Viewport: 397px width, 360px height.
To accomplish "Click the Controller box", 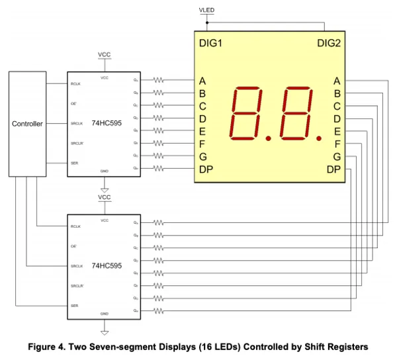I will (x=27, y=124).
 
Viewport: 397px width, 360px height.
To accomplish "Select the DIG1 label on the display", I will (x=210, y=44).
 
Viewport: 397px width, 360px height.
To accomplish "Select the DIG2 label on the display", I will (x=329, y=44).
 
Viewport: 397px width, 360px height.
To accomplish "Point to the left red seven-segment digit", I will (x=246, y=113).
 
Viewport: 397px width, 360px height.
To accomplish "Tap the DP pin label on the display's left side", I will (x=206, y=169).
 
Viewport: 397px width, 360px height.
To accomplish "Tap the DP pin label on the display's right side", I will (x=334, y=169).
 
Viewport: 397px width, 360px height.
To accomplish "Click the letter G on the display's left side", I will (x=202, y=157).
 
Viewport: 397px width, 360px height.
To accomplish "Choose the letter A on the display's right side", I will (x=337, y=81).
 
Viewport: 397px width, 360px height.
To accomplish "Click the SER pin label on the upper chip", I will (x=74, y=163).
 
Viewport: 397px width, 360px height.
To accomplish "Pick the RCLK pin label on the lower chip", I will (x=75, y=226).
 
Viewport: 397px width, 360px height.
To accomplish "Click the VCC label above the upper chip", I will (x=105, y=54).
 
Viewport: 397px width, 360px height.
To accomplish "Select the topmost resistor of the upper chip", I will (x=158, y=80).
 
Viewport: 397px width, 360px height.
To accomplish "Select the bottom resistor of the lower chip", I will (x=158, y=310).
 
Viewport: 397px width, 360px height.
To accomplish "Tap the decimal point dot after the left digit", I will (x=269, y=138).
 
